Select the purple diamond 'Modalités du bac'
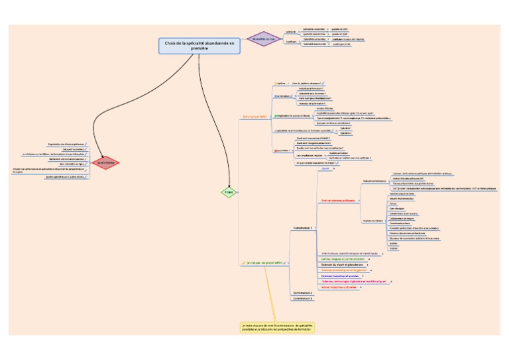point(264,38)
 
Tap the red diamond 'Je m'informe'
point(106,162)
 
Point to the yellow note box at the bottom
point(277,328)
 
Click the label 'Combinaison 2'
point(302,292)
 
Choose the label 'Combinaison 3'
point(302,298)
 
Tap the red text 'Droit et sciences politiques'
point(338,200)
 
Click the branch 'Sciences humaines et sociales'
point(340,276)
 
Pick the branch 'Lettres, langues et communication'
point(343,259)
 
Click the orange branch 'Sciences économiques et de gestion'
point(344,270)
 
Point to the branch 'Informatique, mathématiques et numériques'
point(349,253)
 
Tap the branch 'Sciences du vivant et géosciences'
point(343,265)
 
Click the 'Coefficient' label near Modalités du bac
point(291,41)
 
